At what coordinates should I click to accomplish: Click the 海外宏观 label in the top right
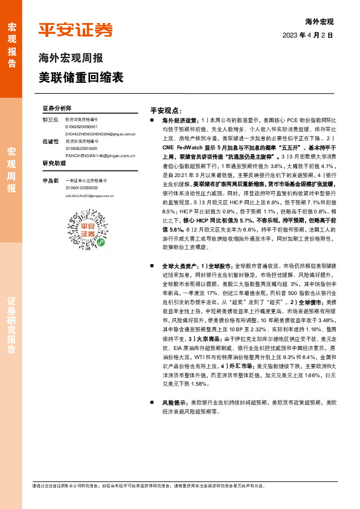tap(319, 21)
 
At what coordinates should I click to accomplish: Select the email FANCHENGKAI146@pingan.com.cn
tap(100, 155)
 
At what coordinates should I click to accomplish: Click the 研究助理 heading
tap(54, 164)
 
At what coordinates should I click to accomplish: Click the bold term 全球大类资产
tap(180, 265)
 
